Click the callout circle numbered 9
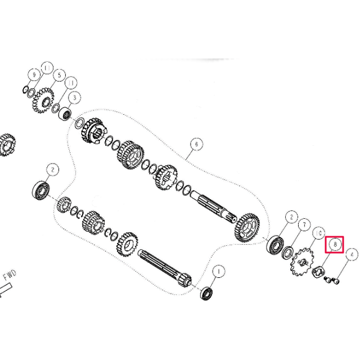34,75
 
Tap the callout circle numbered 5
59,75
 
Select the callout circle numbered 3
74,98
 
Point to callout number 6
196,144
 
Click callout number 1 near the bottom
219,271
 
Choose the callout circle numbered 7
304,225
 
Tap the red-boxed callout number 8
335,245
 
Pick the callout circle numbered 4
352,254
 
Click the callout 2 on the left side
52,170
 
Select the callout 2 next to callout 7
291,217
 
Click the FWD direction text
10,275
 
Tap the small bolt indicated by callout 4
332,280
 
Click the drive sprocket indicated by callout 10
302,262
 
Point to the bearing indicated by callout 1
206,293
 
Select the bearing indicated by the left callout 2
40,190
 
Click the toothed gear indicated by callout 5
43,101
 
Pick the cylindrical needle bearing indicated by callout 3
65,114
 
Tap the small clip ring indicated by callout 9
26,89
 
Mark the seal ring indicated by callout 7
287,253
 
